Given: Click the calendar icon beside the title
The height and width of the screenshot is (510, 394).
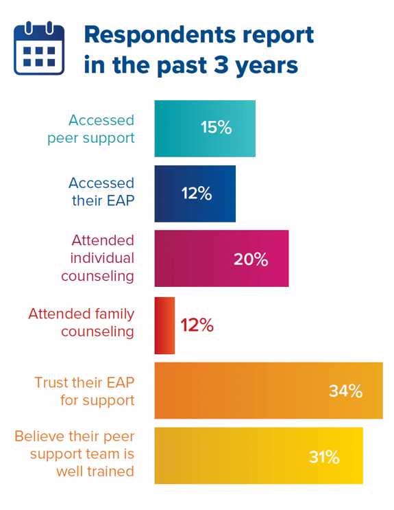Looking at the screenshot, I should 39,48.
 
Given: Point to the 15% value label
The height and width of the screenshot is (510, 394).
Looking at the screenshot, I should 216,128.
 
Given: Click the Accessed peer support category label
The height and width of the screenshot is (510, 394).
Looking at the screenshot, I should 90,128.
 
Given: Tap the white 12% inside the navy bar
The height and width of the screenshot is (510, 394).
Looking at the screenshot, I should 196,194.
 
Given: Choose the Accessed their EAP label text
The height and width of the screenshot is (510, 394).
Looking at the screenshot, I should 101,192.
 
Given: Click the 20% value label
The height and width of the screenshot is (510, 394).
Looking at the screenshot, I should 251,259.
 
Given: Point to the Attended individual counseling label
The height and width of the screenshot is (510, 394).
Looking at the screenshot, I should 98,258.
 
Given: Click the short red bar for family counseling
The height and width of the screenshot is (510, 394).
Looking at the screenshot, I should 164,325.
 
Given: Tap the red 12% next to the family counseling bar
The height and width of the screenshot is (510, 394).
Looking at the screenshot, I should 197,325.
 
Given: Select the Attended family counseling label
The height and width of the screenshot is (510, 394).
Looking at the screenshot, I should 81,323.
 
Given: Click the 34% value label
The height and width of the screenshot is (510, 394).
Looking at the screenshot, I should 345,391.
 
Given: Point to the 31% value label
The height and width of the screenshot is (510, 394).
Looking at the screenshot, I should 324,457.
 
